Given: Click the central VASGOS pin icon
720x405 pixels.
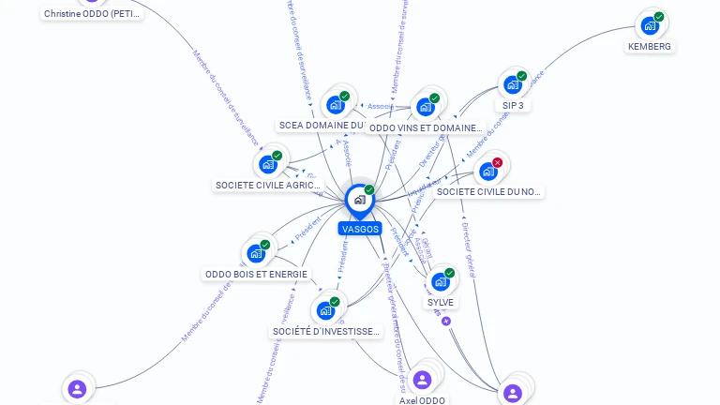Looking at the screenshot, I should coord(359,200).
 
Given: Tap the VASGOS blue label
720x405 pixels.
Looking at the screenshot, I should coord(360,229).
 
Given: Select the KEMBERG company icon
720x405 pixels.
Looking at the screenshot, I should coord(650,25).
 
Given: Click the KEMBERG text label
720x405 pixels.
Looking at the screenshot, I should coord(650,46).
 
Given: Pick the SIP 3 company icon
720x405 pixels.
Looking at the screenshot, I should coord(512,84).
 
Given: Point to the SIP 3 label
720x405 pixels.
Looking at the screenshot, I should coord(513,106).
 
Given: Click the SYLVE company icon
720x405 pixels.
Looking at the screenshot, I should coord(440,281).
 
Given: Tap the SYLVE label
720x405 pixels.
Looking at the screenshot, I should coord(441,302).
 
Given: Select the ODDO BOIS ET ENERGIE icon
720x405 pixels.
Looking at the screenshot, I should coord(256,253).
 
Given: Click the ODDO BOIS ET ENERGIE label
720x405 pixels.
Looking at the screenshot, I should coord(256,275).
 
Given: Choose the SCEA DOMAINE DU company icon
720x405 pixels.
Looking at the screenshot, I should coord(335,105).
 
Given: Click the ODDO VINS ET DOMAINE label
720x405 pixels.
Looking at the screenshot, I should coord(425,127).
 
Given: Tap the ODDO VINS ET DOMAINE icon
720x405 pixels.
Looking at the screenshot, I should coord(426,106).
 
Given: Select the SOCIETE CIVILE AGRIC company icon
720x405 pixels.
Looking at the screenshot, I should coord(268,164).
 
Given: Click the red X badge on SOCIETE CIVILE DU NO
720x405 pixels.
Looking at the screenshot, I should coord(498,162).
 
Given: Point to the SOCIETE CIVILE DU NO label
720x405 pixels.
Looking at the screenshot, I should coord(488,192).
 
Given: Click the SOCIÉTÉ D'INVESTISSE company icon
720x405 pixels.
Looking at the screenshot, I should coord(325,310).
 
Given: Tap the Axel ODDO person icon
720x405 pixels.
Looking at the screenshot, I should coord(422,379).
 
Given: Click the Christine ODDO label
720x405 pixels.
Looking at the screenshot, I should coord(92,14).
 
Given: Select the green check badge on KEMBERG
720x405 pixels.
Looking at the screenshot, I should coord(659,17).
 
